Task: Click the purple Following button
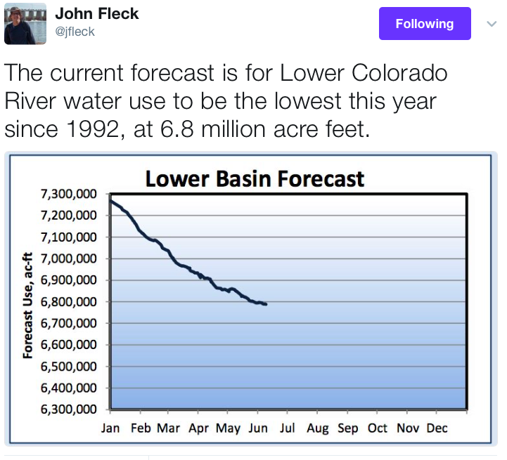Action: point(424,24)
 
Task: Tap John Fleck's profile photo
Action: point(25,24)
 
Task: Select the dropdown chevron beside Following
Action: point(492,23)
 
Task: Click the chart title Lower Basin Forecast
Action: point(255,178)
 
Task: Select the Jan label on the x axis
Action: point(110,428)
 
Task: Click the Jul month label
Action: point(287,428)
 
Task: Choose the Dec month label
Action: point(437,428)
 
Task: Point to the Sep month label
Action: point(347,428)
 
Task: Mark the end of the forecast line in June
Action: point(265,303)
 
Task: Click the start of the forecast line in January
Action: point(111,201)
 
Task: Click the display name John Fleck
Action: point(97,13)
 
